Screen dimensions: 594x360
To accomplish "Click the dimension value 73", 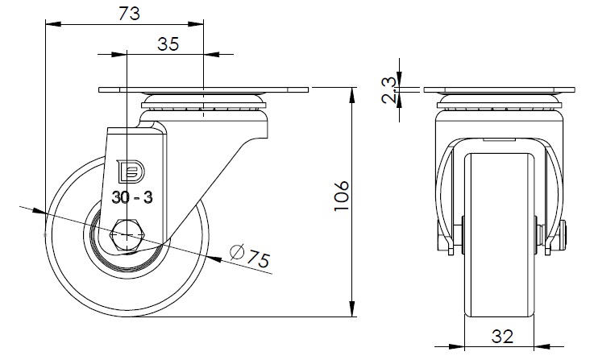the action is point(129,14).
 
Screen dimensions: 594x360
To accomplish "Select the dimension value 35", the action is point(168,44).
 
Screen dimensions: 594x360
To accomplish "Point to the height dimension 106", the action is point(341,196).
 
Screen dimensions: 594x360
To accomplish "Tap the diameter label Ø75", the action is point(250,256).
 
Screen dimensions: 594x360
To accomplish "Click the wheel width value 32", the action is point(502,336).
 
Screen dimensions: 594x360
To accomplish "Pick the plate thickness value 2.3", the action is point(389,89).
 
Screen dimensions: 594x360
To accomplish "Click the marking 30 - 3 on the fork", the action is point(132,197).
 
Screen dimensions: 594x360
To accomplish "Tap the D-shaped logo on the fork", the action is point(132,171).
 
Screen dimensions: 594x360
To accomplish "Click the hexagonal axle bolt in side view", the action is point(127,235).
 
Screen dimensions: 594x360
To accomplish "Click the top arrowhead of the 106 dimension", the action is point(352,95).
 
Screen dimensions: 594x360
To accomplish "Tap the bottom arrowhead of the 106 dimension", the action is point(352,308).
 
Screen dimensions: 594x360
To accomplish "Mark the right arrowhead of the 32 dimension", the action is point(542,346).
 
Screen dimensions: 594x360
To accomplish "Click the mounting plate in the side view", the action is point(203,90).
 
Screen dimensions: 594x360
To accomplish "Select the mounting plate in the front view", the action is point(499,90).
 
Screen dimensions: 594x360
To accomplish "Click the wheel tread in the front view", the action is point(499,234).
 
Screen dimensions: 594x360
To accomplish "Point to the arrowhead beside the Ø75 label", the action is point(214,259).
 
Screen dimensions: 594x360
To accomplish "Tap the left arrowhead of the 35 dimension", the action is point(119,55).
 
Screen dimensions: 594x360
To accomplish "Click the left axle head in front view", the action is point(442,235).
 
